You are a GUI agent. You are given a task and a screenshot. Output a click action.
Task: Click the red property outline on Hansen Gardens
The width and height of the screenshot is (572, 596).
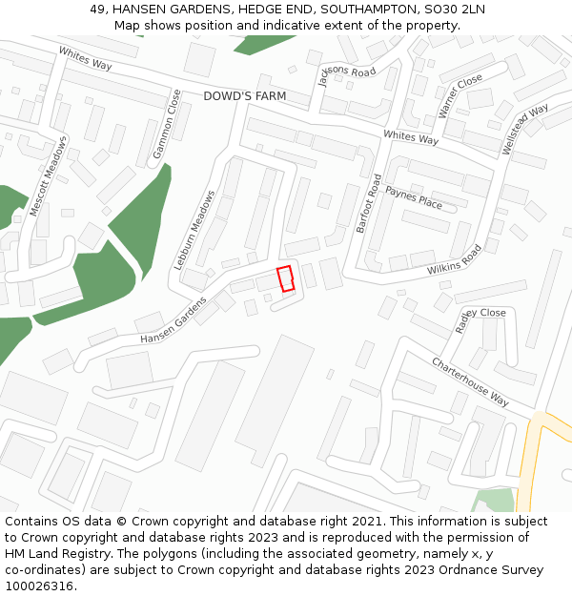(x=285, y=278)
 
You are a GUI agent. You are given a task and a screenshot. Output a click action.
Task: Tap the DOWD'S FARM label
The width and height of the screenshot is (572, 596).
(x=245, y=96)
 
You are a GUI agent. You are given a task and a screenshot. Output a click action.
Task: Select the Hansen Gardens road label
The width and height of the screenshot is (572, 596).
(x=173, y=320)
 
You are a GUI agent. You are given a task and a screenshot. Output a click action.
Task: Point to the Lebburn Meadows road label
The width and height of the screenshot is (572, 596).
(x=194, y=230)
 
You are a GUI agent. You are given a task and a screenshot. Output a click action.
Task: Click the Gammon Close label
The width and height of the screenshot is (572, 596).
(x=167, y=125)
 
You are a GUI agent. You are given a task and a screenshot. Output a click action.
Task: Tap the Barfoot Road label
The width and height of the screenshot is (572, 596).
(x=368, y=203)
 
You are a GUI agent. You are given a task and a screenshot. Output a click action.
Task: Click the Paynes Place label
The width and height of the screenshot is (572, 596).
(x=414, y=199)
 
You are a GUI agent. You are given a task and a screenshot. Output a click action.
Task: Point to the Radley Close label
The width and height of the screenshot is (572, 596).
(x=480, y=319)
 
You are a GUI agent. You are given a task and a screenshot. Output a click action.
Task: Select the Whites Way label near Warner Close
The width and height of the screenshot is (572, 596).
(x=410, y=138)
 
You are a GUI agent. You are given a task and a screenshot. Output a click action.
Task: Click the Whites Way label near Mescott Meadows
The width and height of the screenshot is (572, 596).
(x=85, y=59)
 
